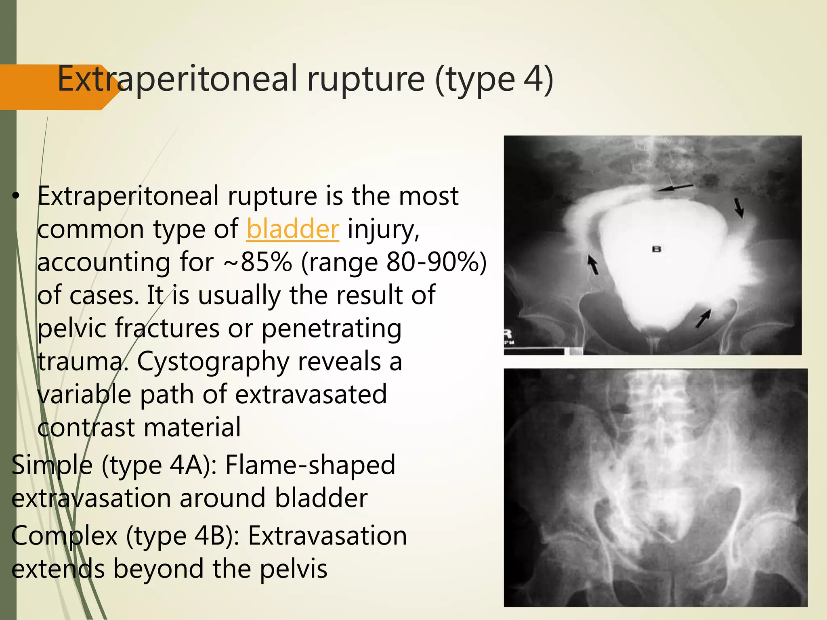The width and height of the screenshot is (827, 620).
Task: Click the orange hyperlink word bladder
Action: [293, 229]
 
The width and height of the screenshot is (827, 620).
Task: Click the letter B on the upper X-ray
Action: [657, 249]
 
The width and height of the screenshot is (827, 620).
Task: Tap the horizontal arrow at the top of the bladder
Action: [674, 187]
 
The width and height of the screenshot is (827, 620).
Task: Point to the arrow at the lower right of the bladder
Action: [703, 318]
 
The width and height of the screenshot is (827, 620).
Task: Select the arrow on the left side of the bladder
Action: [592, 264]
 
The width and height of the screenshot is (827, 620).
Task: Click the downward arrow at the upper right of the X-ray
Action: [739, 207]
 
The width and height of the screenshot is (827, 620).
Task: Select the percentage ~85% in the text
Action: [257, 262]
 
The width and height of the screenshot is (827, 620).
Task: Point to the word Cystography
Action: [213, 361]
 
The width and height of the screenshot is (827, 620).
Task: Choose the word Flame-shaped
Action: [310, 465]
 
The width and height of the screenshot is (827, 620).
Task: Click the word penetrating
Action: [332, 328]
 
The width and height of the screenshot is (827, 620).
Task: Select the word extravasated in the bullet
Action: [311, 394]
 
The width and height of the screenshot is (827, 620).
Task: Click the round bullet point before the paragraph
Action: [15, 197]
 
